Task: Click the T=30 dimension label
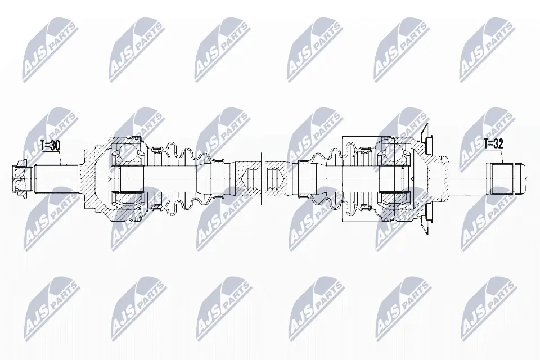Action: [51, 145]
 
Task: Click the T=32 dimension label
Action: [493, 143]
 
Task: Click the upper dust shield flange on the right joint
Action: [426, 138]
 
